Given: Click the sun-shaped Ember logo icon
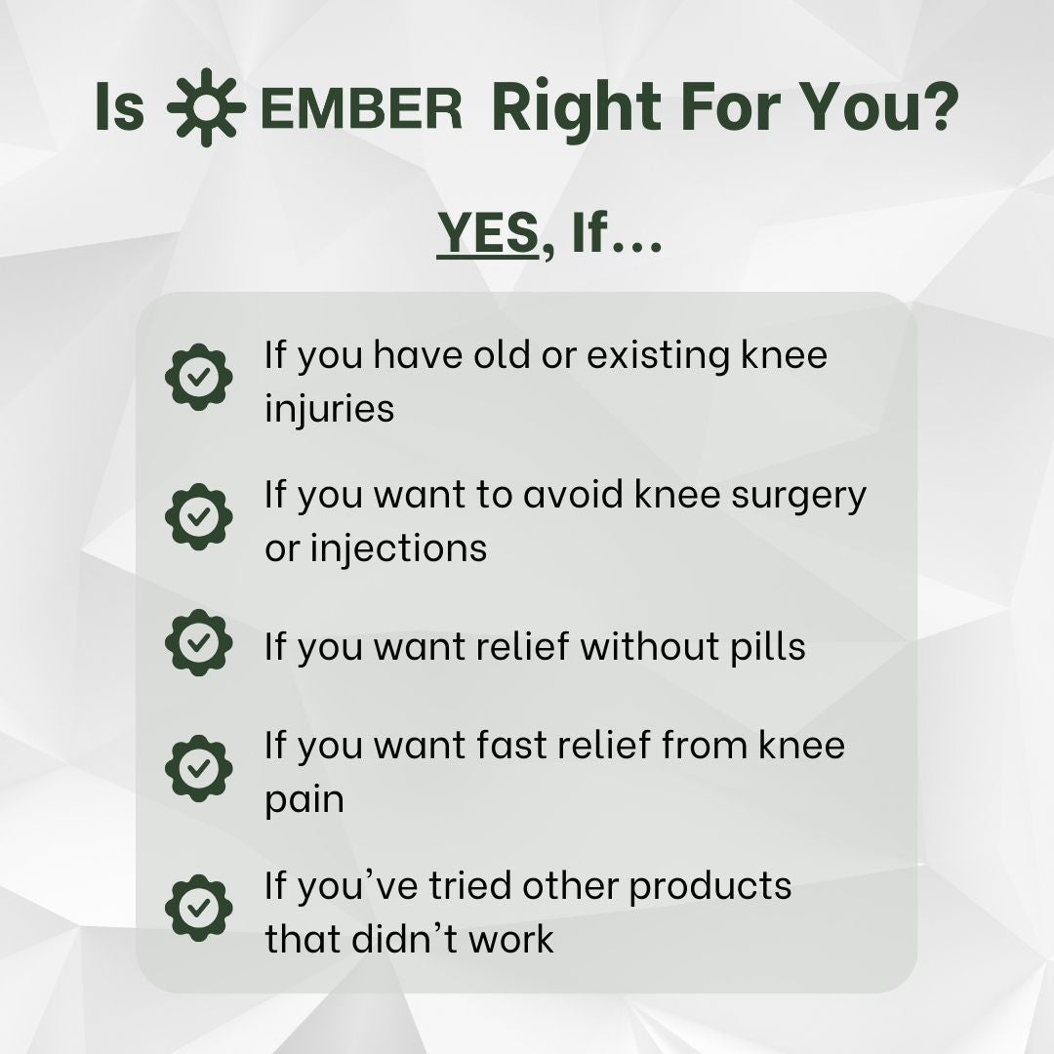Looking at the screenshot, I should coord(206,108).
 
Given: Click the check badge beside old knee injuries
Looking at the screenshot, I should coord(199,377).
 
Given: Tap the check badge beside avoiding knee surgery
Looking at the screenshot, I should coord(199,516).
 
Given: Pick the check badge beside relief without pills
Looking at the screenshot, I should coord(199,643).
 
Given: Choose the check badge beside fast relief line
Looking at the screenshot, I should coord(199,768).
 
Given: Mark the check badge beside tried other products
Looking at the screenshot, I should coord(199,908).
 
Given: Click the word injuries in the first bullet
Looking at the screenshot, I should coord(330,408).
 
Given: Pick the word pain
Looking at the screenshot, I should coord(304,800).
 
